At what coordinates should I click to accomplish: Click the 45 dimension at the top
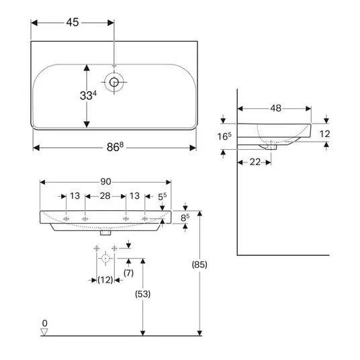[x=73, y=23]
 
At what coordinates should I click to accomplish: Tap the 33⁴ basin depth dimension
[x=88, y=95]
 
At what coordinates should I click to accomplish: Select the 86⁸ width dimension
[x=115, y=147]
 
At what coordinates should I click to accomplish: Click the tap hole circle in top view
[x=114, y=82]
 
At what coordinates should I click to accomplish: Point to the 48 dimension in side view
[x=275, y=108]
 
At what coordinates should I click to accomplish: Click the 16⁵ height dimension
[x=224, y=136]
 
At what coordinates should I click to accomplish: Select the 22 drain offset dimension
[x=255, y=162]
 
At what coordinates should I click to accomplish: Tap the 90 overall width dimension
[x=105, y=181]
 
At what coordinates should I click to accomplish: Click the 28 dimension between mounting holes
[x=105, y=196]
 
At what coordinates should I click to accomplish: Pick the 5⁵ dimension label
[x=162, y=197]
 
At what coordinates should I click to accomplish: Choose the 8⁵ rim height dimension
[x=185, y=218]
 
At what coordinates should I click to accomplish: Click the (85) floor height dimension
[x=199, y=265]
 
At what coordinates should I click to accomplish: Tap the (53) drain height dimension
[x=143, y=294]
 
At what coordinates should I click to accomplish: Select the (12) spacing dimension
[x=105, y=279]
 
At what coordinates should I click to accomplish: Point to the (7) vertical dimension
[x=128, y=273]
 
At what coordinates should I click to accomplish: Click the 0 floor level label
[x=45, y=323]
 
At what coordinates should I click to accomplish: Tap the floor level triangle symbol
[x=44, y=332]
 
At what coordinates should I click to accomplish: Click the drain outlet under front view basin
[x=105, y=232]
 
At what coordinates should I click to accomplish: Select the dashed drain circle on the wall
[x=105, y=259]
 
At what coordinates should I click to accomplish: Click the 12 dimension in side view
[x=324, y=134]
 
